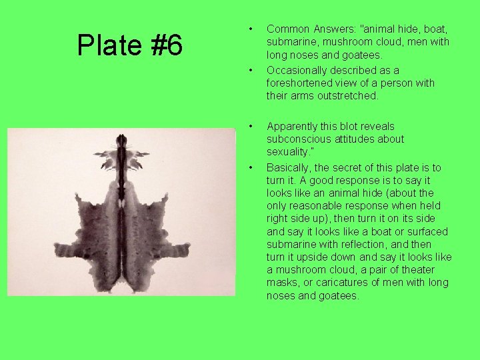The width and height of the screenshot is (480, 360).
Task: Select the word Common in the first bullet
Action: tap(287, 29)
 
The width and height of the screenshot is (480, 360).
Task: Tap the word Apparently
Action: tap(293, 126)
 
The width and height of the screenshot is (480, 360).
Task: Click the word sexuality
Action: tap(289, 151)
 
